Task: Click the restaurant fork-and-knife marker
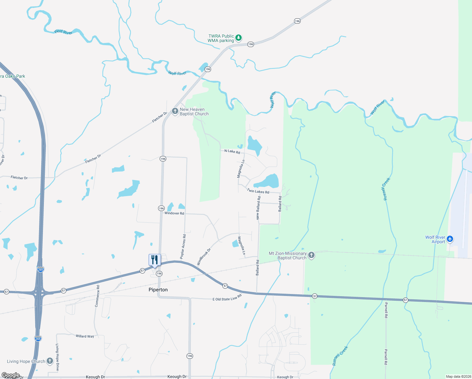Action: [155, 260]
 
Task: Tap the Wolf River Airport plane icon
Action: [450, 239]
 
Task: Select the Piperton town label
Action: [158, 290]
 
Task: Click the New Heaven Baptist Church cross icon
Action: [175, 111]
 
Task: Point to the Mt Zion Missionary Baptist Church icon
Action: [311, 255]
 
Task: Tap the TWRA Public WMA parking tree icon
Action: [239, 38]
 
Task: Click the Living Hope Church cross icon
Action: [50, 361]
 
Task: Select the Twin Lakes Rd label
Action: [258, 191]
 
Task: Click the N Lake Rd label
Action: [232, 152]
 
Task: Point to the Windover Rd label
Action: [174, 213]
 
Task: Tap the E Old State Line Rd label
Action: [227, 298]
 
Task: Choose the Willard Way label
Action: [85, 336]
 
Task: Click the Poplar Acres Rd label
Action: [183, 247]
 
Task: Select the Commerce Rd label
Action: [97, 296]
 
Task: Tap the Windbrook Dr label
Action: [204, 257]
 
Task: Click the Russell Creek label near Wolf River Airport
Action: [387, 189]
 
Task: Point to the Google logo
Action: [10, 375]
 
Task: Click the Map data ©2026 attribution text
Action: [458, 376]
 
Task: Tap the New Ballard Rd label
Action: [258, 208]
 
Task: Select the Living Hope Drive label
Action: [57, 357]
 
